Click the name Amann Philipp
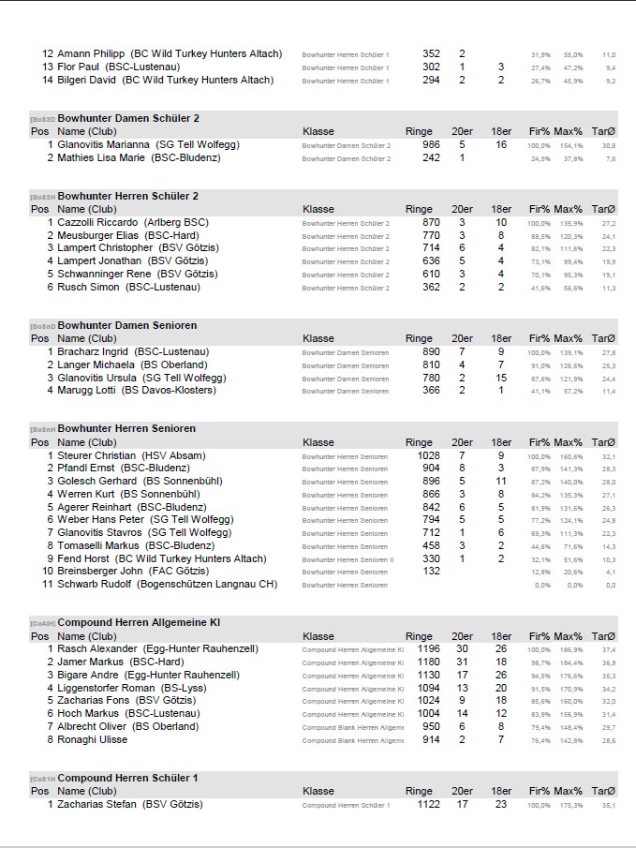coord(92,54)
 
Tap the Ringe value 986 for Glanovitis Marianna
coord(431,145)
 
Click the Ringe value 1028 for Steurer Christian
coord(428,455)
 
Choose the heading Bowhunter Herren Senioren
coord(126,429)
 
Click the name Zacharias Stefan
coord(100,804)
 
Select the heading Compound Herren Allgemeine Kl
coord(139,622)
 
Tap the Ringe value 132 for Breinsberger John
coord(431,572)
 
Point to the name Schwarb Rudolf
coord(96,585)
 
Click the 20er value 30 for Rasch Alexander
coord(462,648)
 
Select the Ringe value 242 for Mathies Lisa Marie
coord(431,158)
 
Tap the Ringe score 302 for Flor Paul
coord(431,67)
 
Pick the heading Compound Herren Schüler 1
coord(128,779)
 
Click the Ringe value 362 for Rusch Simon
coord(431,288)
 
